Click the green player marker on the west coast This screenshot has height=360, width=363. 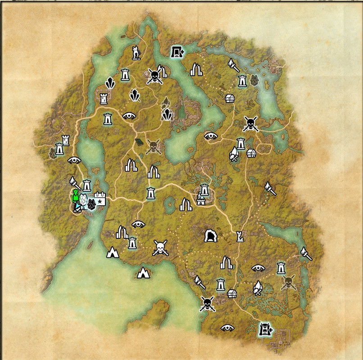click(76, 196)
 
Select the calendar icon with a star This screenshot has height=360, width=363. click(100, 199)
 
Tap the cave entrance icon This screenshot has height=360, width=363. click(210, 236)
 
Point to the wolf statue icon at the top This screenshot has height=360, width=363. click(136, 53)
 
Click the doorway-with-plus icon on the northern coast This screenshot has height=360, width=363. click(177, 52)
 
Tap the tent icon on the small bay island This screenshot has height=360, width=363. click(144, 272)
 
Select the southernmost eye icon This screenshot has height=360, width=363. click(226, 328)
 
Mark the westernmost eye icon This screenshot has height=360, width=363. click(75, 160)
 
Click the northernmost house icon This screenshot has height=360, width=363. click(230, 98)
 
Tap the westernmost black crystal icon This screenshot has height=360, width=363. click(109, 83)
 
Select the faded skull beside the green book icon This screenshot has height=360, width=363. click(154, 145)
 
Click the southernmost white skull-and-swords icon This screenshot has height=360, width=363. click(207, 304)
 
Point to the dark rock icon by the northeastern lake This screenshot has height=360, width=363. click(255, 80)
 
